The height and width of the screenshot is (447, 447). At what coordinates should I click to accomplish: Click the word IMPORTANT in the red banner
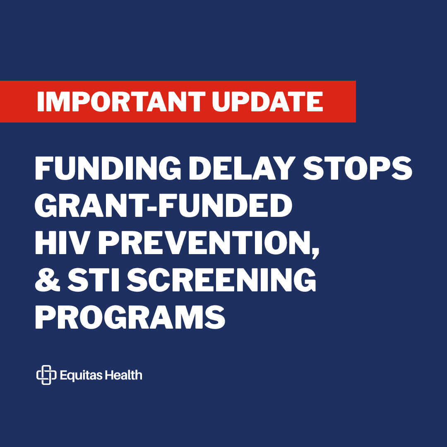[x=121, y=102]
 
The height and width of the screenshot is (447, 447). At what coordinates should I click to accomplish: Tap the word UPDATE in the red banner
[x=267, y=102]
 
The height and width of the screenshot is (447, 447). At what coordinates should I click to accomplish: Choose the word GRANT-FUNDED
[x=163, y=205]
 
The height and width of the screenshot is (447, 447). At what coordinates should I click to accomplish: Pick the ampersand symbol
[x=47, y=280]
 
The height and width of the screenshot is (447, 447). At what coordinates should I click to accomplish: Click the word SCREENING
[x=221, y=280]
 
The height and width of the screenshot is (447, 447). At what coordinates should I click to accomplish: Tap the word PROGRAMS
[x=130, y=317]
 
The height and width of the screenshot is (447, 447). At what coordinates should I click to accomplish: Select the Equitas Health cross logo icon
[x=46, y=375]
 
